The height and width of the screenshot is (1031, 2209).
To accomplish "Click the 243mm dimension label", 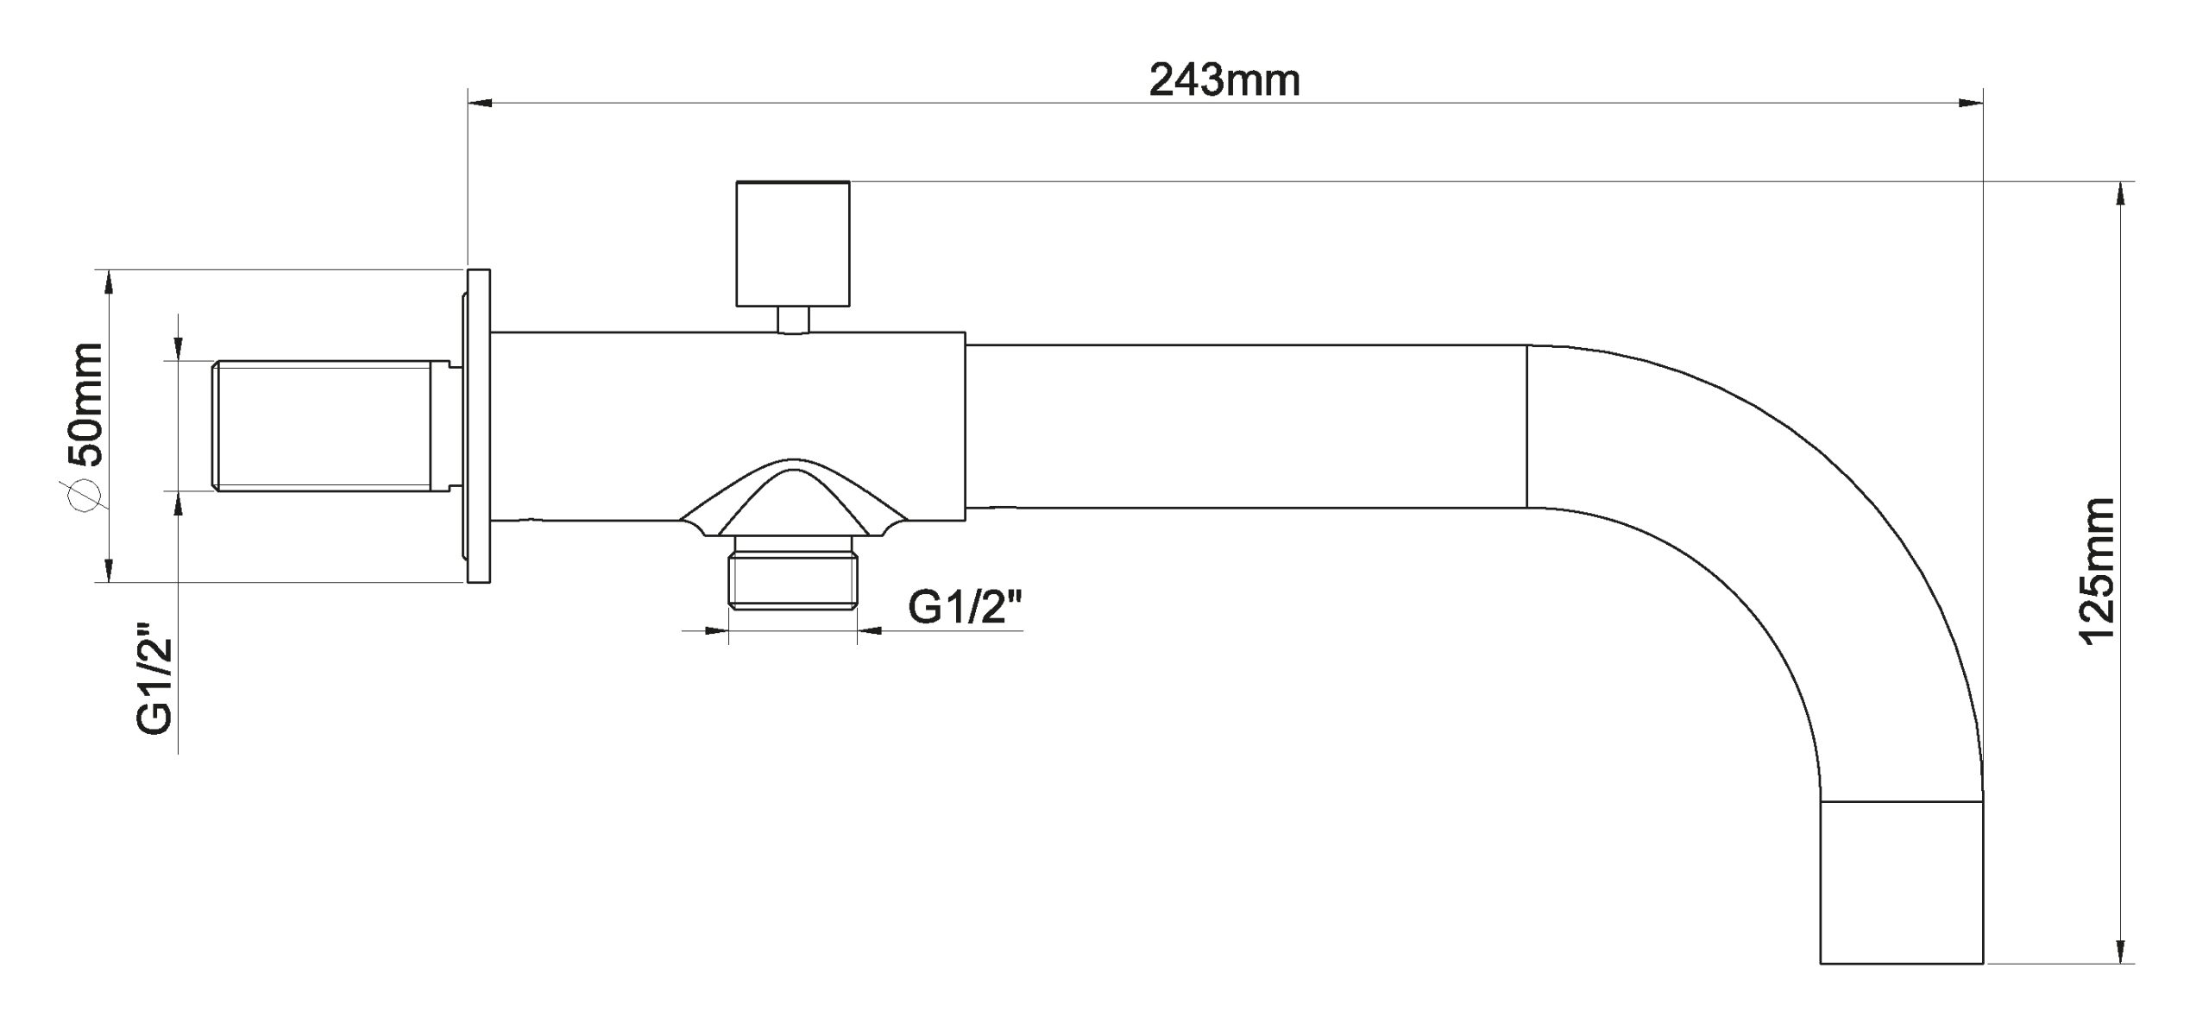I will [x=1224, y=80].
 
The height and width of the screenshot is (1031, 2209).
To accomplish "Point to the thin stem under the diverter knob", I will [x=793, y=319].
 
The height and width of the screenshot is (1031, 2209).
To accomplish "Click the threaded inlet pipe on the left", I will [x=324, y=427].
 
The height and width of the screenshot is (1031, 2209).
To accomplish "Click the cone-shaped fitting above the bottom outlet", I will [x=793, y=500].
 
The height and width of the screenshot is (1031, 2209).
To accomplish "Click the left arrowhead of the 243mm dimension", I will [x=480, y=104].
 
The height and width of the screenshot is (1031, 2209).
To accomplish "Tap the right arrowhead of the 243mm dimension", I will [x=1970, y=104].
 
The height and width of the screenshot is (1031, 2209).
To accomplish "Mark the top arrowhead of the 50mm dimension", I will [x=108, y=282].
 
